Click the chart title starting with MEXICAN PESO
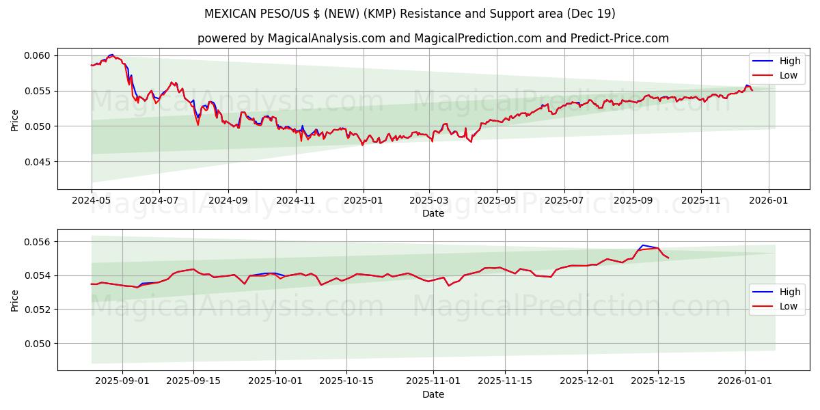[410, 14]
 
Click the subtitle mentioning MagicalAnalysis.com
[433, 38]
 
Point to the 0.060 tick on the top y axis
[38, 55]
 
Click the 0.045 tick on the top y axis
[38, 162]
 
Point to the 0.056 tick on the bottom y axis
[38, 242]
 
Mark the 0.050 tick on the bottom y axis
[38, 344]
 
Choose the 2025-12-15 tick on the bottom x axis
[658, 381]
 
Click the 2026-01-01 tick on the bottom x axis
[745, 381]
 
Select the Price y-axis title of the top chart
[15, 120]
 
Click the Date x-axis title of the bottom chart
[433, 394]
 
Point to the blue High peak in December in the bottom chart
[643, 245]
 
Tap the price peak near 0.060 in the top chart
[111, 55]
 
